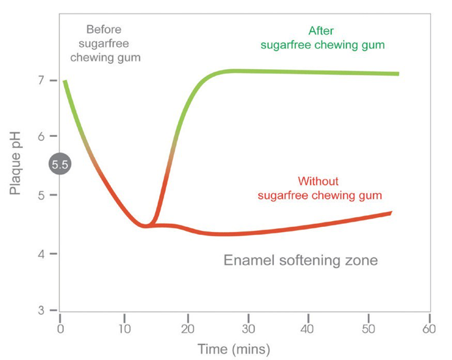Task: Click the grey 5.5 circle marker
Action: (x=59, y=164)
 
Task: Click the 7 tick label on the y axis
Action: (x=40, y=80)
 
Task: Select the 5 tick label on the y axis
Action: (x=40, y=195)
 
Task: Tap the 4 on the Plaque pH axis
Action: (x=40, y=254)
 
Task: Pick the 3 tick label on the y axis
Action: (x=40, y=310)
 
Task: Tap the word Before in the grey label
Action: (x=104, y=30)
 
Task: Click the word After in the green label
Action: (x=322, y=30)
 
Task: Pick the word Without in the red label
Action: (x=319, y=181)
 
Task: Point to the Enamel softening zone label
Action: (x=301, y=261)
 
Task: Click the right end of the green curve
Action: (x=397, y=74)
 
